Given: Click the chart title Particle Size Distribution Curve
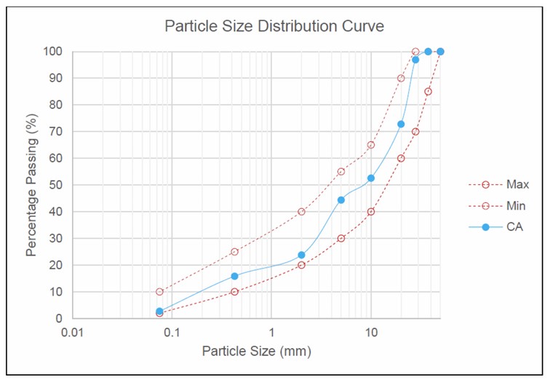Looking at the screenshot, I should coord(274,27).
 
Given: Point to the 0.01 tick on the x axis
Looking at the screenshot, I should coord(71,332).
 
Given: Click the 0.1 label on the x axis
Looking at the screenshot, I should coord(172,332).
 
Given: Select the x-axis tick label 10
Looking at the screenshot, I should coord(371,332).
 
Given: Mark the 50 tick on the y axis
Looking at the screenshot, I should coord(57,185).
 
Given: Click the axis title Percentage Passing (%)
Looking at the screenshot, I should coord(32,185).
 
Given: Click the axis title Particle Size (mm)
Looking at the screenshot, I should coord(256,352).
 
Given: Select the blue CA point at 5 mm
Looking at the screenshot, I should coord(341,199).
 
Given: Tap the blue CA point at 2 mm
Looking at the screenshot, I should coord(301,255).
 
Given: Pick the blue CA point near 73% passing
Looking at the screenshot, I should coord(401,124).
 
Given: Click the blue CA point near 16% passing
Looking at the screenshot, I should coord(234,276).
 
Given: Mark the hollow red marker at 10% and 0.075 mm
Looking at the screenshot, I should coord(159,292).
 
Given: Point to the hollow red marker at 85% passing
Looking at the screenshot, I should coord(428,92).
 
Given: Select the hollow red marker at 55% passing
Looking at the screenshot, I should coord(341,172).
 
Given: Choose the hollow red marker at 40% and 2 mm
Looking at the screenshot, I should coord(301,212).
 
